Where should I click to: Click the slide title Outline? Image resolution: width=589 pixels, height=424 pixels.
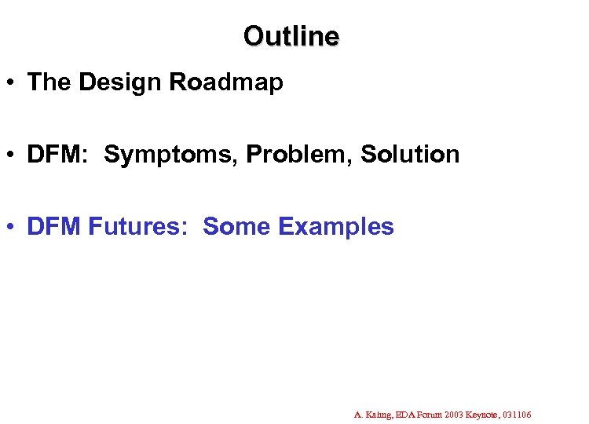pos(291,36)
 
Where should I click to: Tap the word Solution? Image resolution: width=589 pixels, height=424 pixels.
pos(410,155)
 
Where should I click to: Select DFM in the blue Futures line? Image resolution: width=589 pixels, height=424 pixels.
pos(54,227)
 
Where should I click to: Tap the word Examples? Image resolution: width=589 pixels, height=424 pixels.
pos(336,227)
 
